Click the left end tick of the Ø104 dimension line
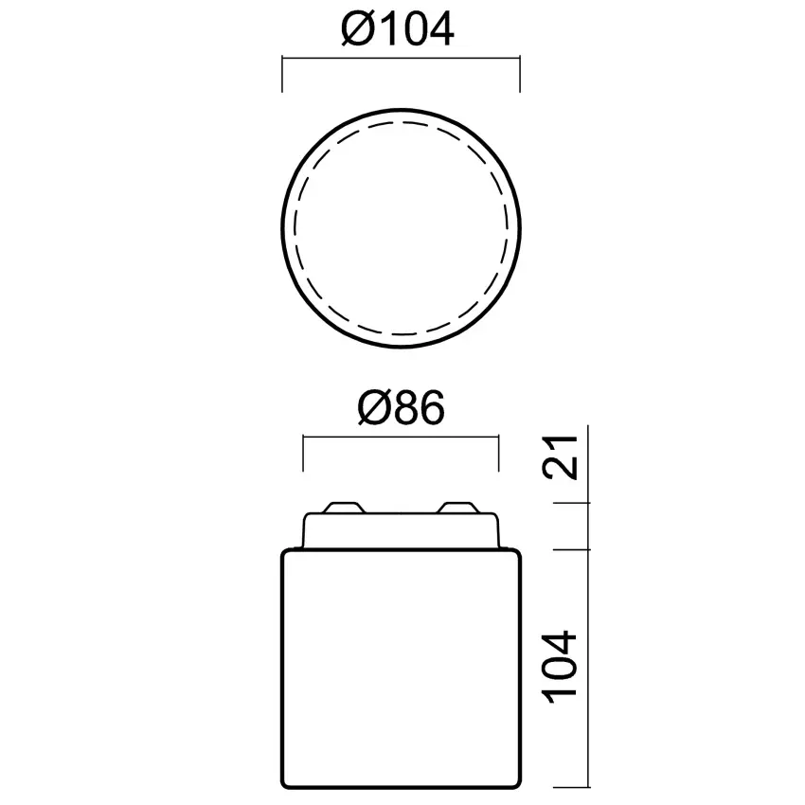[283, 73]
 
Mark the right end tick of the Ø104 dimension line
[520, 73]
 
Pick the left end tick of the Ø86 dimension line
[302, 452]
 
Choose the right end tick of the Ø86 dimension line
[498, 452]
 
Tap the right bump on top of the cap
[461, 508]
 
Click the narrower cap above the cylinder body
[402, 530]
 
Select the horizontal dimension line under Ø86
[400, 438]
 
